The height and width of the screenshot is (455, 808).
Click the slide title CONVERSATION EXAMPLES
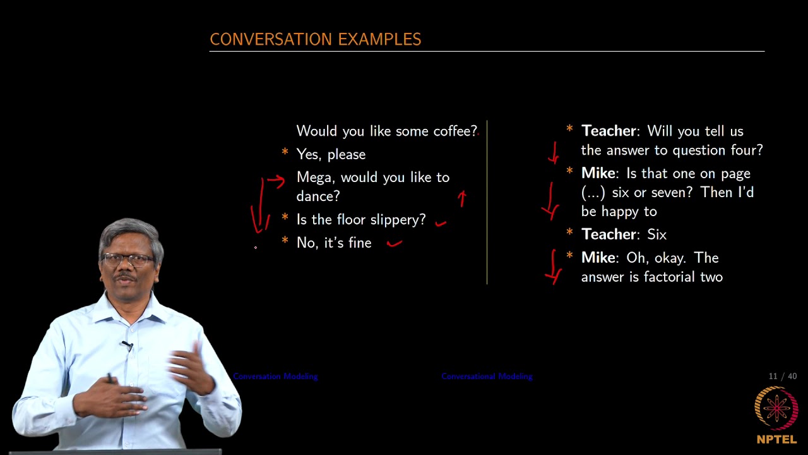(315, 39)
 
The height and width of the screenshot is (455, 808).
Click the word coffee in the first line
(454, 131)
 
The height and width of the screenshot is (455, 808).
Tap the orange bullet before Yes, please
(285, 153)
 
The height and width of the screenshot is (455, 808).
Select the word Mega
(314, 178)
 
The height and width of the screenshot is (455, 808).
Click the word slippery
(398, 220)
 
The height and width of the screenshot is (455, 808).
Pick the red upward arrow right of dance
(462, 198)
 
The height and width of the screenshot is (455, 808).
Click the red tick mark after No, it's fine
(395, 241)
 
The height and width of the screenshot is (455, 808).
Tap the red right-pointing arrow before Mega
(276, 181)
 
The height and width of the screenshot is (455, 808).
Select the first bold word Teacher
(609, 131)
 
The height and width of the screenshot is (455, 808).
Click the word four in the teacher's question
(746, 150)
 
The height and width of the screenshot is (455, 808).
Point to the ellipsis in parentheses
(593, 193)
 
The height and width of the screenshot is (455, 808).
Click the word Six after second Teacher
(656, 234)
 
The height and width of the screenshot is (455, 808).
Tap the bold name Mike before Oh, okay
(598, 258)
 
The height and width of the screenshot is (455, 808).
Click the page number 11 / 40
(782, 377)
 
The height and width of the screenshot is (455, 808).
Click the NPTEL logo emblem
(776, 408)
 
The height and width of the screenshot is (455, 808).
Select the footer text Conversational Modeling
(487, 377)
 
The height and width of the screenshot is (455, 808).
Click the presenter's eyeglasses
(128, 259)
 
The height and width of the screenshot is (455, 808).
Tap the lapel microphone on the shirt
(127, 345)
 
